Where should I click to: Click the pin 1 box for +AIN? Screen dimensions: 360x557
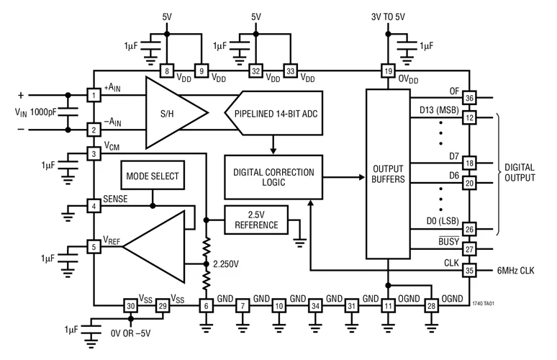click(x=94, y=95)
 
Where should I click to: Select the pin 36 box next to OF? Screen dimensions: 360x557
click(x=469, y=99)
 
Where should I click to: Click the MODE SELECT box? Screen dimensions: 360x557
click(x=153, y=176)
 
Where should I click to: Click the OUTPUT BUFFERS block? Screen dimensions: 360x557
click(x=386, y=173)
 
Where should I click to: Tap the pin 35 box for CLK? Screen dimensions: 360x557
click(x=469, y=271)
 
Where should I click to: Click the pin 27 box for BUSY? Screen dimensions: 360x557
click(x=469, y=250)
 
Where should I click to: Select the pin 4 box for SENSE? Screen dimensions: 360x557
click(x=94, y=206)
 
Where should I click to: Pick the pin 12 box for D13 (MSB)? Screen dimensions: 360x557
click(x=469, y=117)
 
